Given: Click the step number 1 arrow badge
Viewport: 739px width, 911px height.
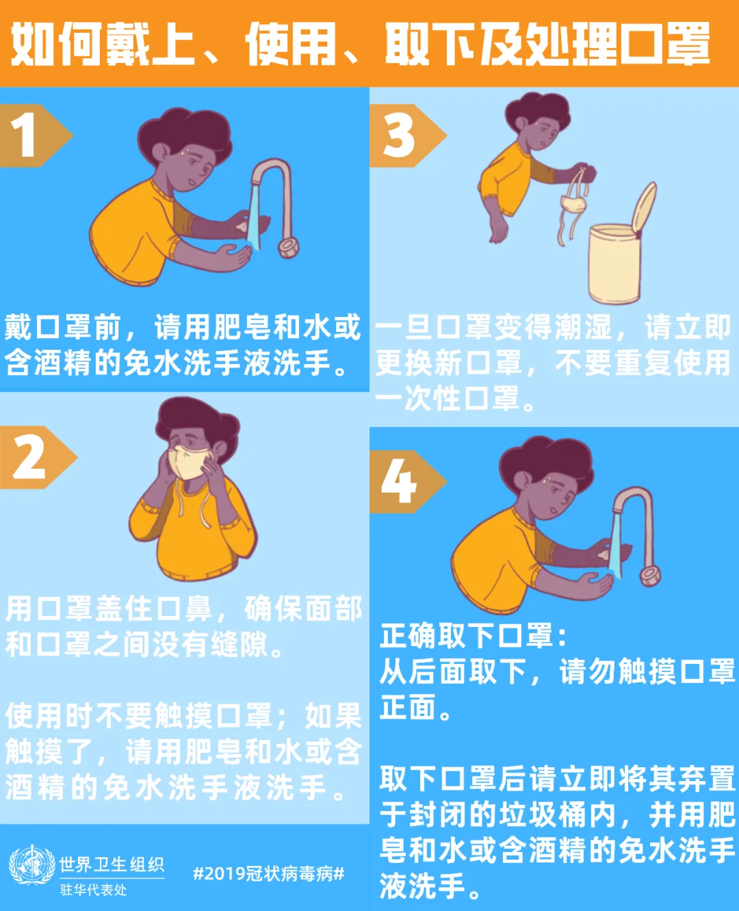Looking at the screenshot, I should tap(31, 136).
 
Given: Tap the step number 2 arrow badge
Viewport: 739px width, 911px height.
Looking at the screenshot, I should tap(33, 457).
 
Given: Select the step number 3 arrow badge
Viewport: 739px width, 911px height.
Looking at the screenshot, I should tap(402, 136).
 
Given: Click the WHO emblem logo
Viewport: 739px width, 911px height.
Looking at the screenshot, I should tap(31, 866).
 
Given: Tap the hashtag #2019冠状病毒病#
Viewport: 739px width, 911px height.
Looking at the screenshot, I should tap(269, 873).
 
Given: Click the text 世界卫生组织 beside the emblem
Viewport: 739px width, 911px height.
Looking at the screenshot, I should tap(112, 864).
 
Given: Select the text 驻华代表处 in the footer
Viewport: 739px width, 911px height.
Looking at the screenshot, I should tap(93, 890).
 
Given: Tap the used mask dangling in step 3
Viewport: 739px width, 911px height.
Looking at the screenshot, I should tap(573, 204).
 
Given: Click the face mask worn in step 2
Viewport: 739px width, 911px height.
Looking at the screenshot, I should tap(190, 462).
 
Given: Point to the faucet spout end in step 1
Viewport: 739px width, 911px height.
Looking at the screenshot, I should tap(288, 247).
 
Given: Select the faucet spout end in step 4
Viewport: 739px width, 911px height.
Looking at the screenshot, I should tap(649, 576).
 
